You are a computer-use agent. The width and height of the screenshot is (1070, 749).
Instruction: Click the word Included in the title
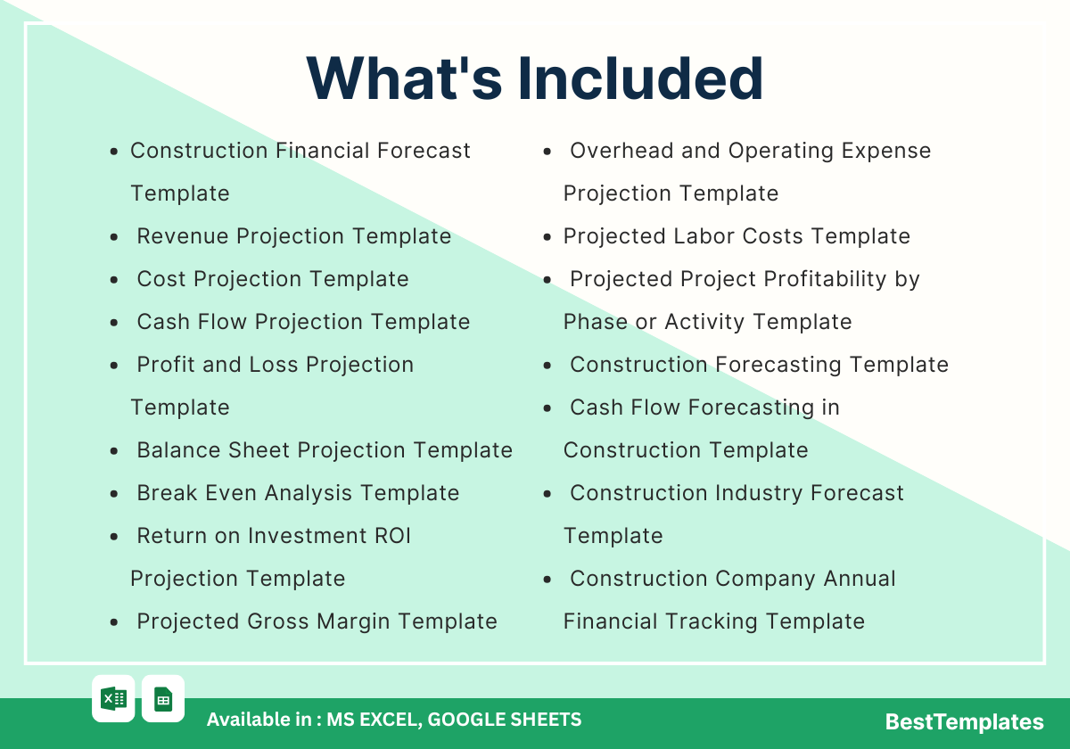point(640,78)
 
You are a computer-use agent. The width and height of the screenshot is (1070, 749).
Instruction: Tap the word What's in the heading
point(404,78)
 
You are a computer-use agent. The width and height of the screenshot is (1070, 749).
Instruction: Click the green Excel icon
point(114,699)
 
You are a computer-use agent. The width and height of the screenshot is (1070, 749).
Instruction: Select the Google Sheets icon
point(163,699)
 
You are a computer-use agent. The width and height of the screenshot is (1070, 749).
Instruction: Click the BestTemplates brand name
point(964,721)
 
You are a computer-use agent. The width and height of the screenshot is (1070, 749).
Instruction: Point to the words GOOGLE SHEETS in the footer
point(505,720)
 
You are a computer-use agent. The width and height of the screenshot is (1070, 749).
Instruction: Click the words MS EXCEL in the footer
point(374,720)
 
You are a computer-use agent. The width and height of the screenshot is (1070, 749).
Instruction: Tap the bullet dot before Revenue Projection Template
point(114,237)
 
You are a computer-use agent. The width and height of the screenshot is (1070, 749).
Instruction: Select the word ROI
point(392,536)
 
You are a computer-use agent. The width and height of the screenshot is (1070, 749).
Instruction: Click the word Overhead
point(621,151)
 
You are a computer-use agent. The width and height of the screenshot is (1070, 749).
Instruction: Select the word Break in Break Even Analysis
point(168,493)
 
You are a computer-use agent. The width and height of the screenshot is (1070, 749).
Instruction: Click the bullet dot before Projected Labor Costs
point(547,237)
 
